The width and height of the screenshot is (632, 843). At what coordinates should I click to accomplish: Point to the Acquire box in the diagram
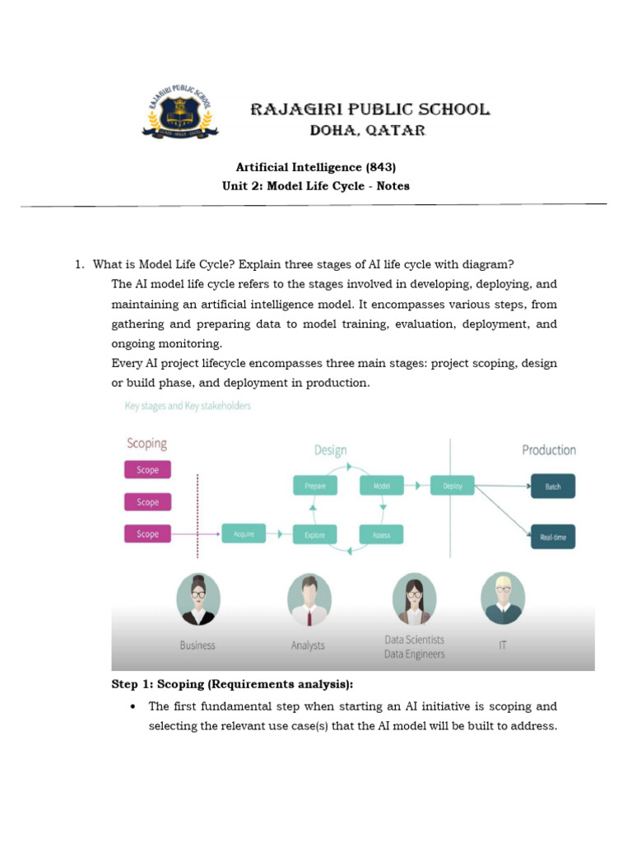click(244, 534)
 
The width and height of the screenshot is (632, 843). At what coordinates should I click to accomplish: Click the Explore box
click(315, 534)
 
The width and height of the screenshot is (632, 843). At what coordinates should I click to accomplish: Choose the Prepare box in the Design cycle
click(315, 486)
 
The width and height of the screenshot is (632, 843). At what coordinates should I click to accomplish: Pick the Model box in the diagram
click(382, 486)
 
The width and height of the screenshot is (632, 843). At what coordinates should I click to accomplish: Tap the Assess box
click(382, 534)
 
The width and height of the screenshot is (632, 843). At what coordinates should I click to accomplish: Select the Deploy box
click(453, 486)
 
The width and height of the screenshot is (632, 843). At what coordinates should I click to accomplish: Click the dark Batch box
click(553, 487)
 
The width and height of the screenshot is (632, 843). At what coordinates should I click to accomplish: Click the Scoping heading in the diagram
click(146, 444)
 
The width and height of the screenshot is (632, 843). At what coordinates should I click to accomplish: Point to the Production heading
click(549, 449)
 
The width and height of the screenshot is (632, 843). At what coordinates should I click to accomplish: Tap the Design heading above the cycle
click(330, 450)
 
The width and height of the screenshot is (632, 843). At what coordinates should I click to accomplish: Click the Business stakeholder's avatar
click(198, 600)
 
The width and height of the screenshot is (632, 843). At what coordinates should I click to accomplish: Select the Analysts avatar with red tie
click(309, 600)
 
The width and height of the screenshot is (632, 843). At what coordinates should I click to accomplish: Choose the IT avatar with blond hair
click(502, 598)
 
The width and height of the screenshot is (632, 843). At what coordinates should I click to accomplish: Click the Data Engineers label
click(414, 654)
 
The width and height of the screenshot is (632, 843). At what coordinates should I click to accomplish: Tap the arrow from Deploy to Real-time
click(502, 511)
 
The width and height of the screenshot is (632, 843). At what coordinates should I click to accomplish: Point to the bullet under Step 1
click(133, 706)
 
